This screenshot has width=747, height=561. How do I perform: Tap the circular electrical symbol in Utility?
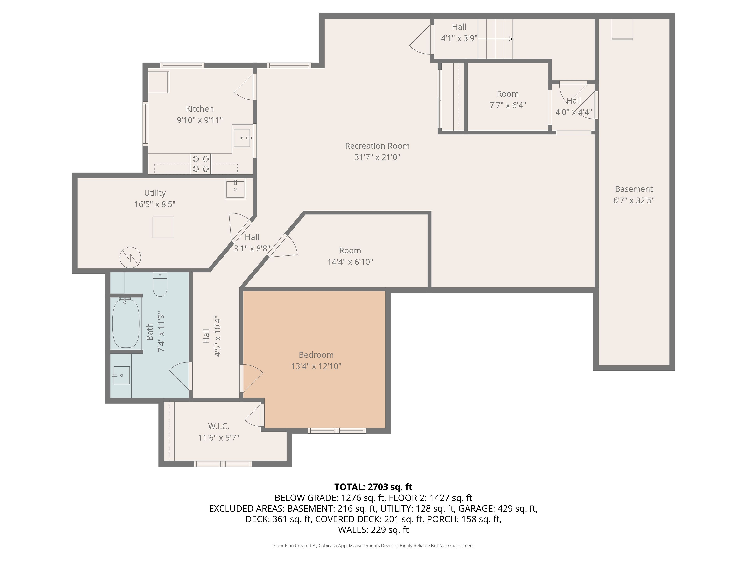pyautogui.click(x=130, y=258)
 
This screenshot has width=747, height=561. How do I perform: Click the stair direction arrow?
pyautogui.click(x=495, y=39)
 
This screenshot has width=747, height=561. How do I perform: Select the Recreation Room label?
pyautogui.click(x=377, y=146)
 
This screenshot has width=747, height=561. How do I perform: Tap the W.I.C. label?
pyautogui.click(x=218, y=426)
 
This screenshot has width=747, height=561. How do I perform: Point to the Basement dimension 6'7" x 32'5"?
pyautogui.click(x=634, y=200)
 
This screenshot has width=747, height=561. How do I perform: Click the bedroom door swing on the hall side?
pyautogui.click(x=251, y=378)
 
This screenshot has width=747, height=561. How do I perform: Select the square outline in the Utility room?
pyautogui.click(x=163, y=227)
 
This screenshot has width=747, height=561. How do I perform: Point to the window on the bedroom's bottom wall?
pyautogui.click(x=337, y=430)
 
